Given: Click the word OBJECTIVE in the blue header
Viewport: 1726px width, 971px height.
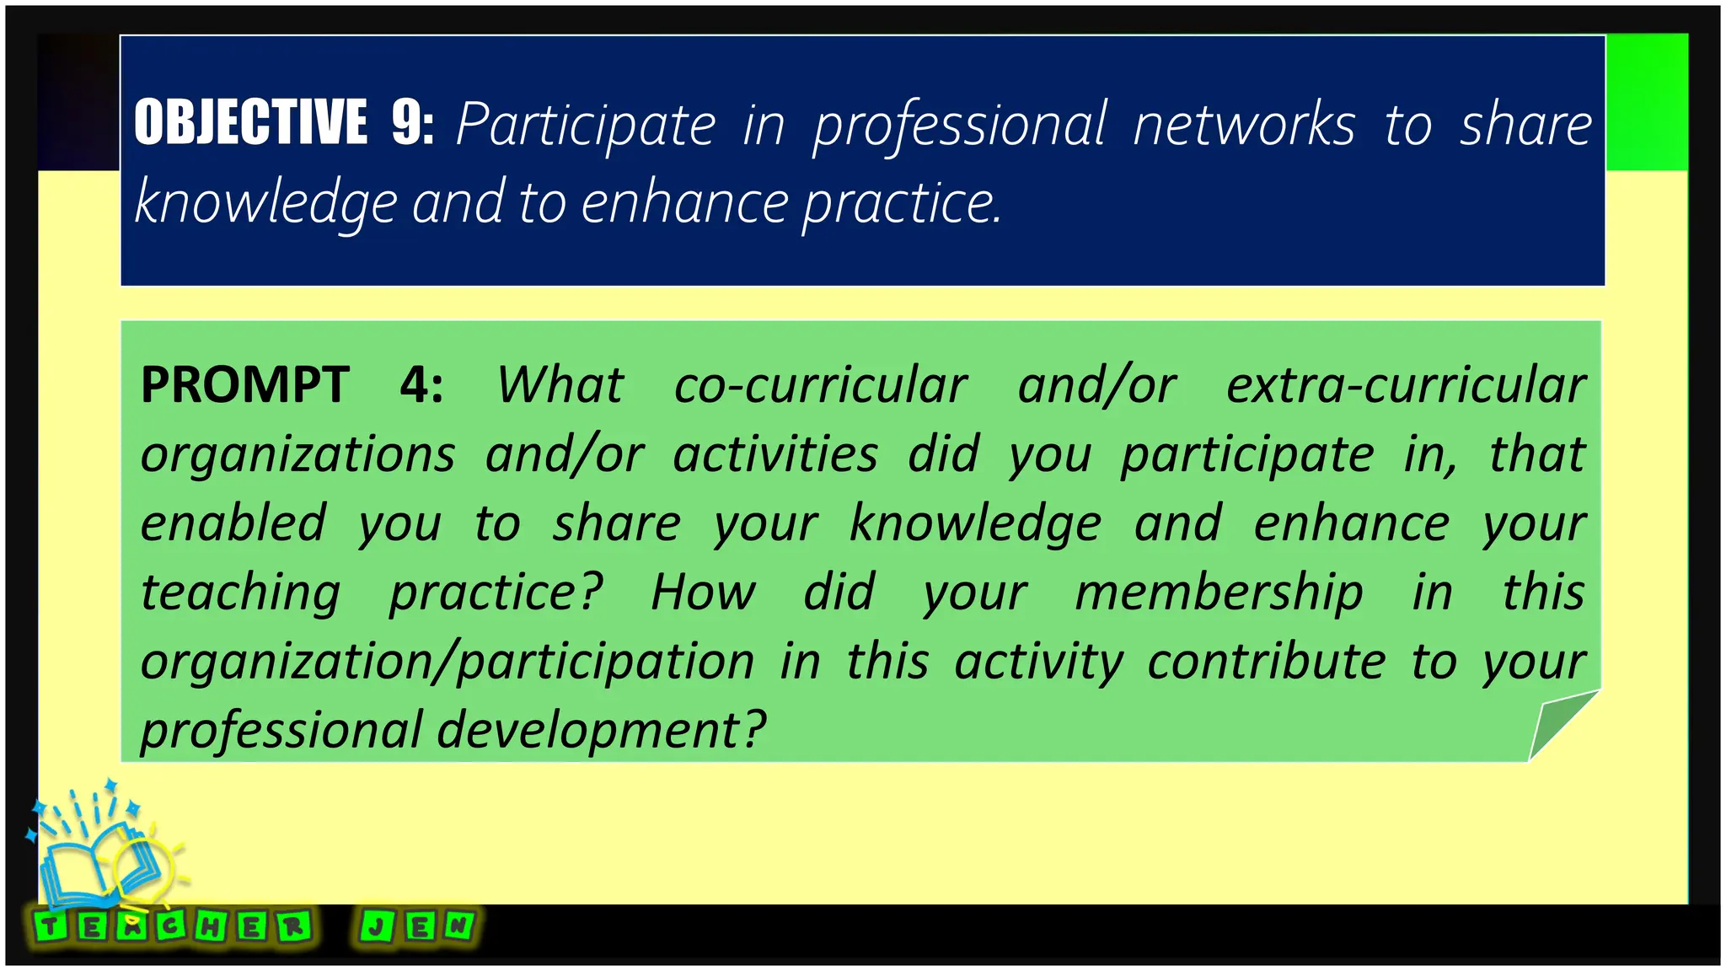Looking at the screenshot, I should coord(250,122).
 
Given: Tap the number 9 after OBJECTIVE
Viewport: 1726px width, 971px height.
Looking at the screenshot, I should coord(410,122).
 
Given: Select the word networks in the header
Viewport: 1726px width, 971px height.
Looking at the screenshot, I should coord(1244,126).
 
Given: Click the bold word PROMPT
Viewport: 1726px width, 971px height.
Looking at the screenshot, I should coord(244,385).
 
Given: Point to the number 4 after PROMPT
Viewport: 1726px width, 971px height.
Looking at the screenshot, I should coord(420,385).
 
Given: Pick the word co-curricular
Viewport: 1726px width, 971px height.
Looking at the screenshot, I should coord(820,385).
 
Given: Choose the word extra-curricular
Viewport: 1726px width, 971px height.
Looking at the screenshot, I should coord(1406,385).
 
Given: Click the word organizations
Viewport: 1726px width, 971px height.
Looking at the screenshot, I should coord(297,455).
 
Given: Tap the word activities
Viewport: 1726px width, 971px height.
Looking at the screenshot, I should coord(775,455).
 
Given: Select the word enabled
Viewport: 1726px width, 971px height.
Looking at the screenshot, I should coord(233,523).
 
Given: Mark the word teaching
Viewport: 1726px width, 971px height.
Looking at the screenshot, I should coord(240,593).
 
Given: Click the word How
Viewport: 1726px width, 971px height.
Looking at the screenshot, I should coord(703,592).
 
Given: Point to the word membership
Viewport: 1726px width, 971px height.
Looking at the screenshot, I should coord(1219,592).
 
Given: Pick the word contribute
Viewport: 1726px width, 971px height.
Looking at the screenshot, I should coord(1266,661).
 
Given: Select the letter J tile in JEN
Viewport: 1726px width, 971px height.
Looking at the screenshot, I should coord(376,927).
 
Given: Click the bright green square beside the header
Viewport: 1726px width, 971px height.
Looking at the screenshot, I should coord(1647,102).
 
